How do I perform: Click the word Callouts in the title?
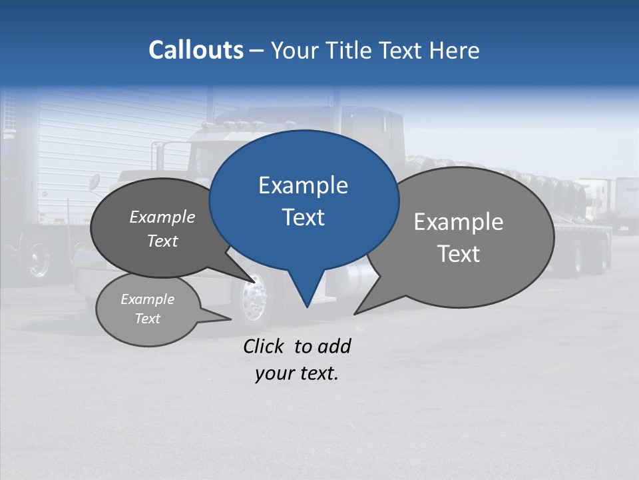[x=196, y=50]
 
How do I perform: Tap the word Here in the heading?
[x=455, y=51]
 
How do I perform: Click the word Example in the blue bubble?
[x=303, y=185]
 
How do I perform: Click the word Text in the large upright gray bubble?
[x=459, y=254]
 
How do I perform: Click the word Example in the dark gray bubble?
[x=162, y=217]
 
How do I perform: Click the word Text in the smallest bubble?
[x=147, y=319]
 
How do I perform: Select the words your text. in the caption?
[x=297, y=373]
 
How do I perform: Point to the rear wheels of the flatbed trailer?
[x=592, y=257]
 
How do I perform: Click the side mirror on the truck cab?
[x=95, y=181]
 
